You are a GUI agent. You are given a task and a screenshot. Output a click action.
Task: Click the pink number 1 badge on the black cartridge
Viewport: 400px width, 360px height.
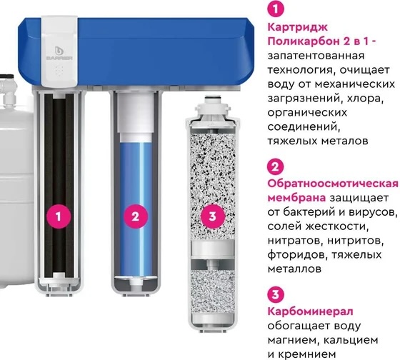point(59,216)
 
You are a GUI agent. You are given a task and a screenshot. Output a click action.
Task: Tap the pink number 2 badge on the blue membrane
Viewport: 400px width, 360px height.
point(136,216)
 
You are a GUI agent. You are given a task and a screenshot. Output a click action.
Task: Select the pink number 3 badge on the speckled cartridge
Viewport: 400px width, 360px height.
point(213,216)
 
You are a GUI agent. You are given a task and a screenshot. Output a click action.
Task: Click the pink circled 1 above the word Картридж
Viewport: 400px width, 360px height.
point(276,9)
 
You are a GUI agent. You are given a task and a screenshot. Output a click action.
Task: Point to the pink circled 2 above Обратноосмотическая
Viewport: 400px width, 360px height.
point(276,167)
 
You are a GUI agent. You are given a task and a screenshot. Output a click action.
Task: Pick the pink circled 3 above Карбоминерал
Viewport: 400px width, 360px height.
point(276,295)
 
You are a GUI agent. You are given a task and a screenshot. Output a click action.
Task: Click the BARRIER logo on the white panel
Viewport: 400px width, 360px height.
point(59,54)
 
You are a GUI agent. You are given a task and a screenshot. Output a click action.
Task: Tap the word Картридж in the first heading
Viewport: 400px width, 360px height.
point(297,28)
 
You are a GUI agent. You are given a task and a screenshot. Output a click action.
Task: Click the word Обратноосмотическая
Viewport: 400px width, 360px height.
point(333,184)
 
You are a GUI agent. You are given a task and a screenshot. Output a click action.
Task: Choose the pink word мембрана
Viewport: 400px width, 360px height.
point(296,198)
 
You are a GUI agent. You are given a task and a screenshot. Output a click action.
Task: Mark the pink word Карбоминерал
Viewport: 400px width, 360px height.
point(310,311)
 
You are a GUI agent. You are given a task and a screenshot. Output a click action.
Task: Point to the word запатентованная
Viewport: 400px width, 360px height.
point(316,56)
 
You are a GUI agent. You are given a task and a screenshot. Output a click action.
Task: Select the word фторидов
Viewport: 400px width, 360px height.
point(294,254)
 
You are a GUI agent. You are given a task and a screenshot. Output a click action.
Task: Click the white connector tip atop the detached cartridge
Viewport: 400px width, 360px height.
point(214,98)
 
